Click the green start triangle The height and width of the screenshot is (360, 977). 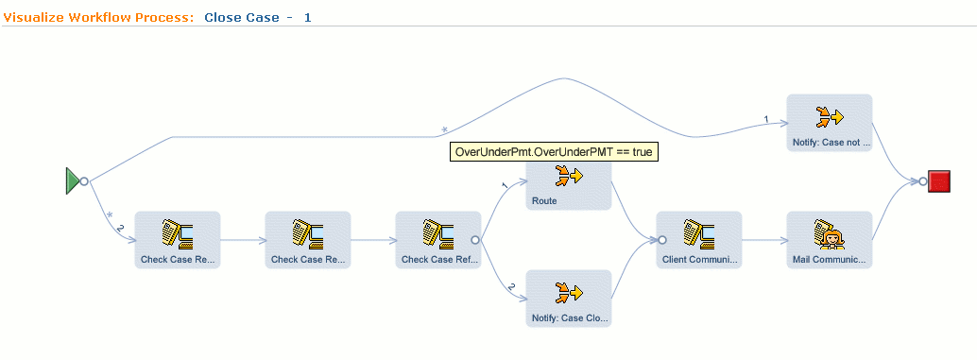(73, 180)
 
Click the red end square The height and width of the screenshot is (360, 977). (939, 181)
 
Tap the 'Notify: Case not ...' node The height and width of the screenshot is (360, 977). (829, 123)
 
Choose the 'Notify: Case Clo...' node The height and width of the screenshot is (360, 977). (569, 298)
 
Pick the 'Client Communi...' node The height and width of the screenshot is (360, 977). (699, 239)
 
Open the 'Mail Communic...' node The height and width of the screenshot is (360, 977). (829, 239)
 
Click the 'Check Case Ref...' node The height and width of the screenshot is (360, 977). (437, 239)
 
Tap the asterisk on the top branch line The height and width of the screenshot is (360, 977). (444, 129)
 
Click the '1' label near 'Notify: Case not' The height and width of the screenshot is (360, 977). (766, 119)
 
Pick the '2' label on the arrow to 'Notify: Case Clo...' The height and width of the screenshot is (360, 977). (511, 286)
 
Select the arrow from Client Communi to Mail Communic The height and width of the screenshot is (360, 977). (764, 240)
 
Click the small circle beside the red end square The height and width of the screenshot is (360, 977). (923, 181)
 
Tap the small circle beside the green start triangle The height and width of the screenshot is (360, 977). (84, 180)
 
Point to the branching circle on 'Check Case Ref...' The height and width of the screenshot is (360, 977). (475, 240)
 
